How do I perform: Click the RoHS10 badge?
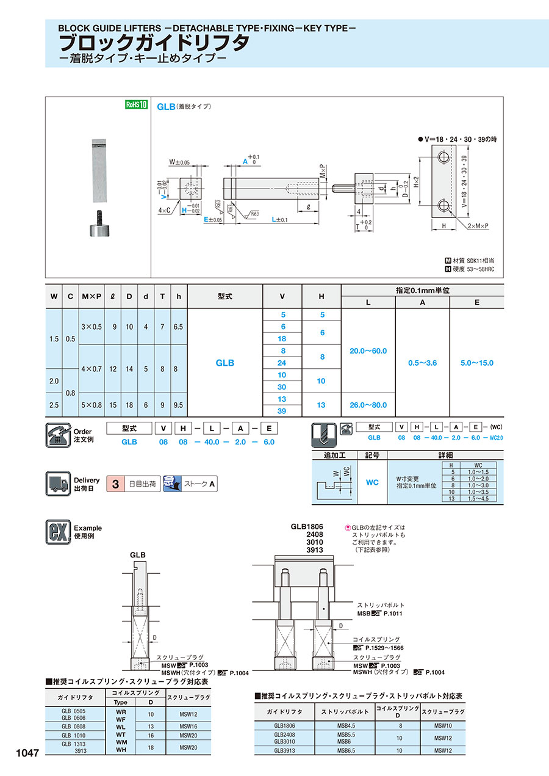point(137,105)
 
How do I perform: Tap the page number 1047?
point(24,753)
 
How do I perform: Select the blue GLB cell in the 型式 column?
point(224,363)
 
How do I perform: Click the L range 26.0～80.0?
point(368,405)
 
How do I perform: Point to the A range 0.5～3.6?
point(422,363)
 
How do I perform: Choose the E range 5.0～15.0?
point(476,363)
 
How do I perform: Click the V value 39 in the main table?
point(282,411)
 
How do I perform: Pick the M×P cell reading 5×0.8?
point(96,405)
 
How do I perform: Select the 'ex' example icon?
point(59,532)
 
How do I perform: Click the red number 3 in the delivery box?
point(114,485)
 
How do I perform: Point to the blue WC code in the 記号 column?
point(372,482)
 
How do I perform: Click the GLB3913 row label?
point(285,751)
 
